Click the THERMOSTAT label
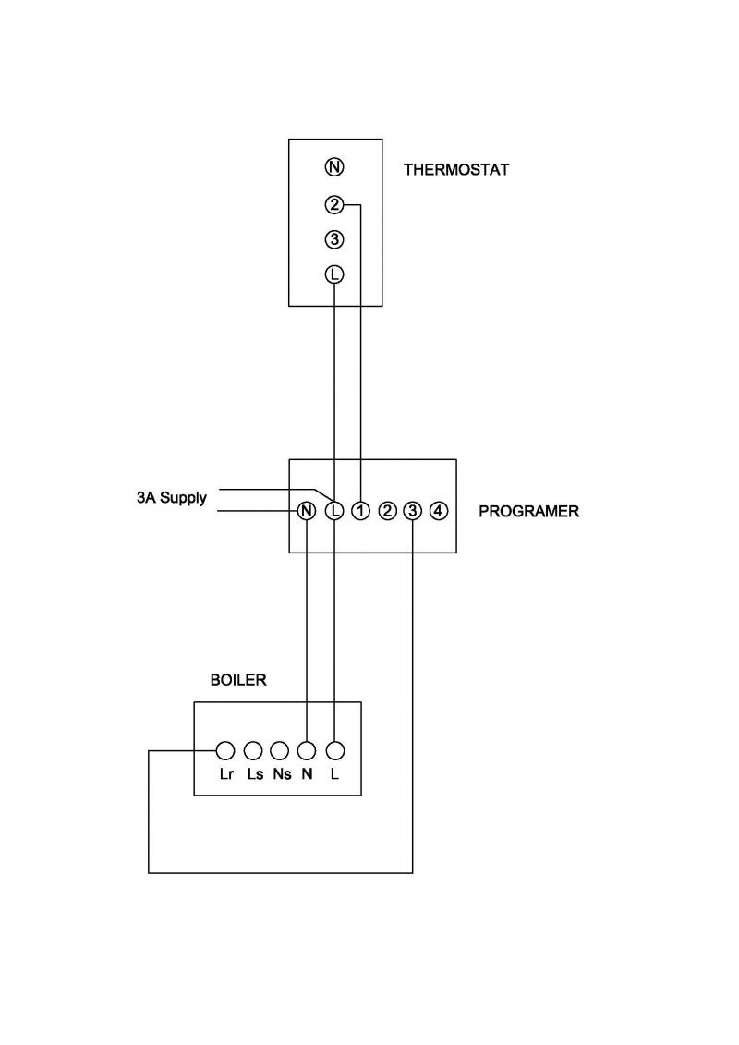455,169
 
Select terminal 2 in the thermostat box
334,204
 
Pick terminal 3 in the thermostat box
334,238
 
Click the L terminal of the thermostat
334,273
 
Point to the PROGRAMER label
529,511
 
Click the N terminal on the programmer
307,511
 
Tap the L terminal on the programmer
334,511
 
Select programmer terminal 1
360,511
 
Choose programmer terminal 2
387,511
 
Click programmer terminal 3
413,511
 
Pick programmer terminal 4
439,511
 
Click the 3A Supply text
172,498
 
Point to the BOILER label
238,680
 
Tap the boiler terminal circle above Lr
226,751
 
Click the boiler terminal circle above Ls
253,751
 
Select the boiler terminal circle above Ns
280,751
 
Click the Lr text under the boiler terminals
226,774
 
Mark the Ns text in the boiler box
282,774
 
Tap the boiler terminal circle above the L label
335,751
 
